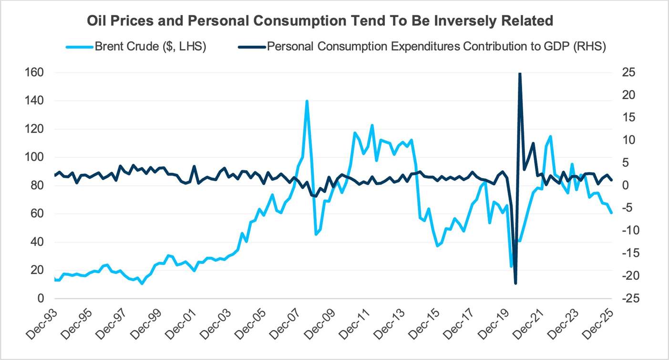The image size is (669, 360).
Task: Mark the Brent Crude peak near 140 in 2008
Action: (x=307, y=101)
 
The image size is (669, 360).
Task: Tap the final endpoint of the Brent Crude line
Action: (x=612, y=213)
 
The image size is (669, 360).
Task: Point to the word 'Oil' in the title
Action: (x=96, y=21)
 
